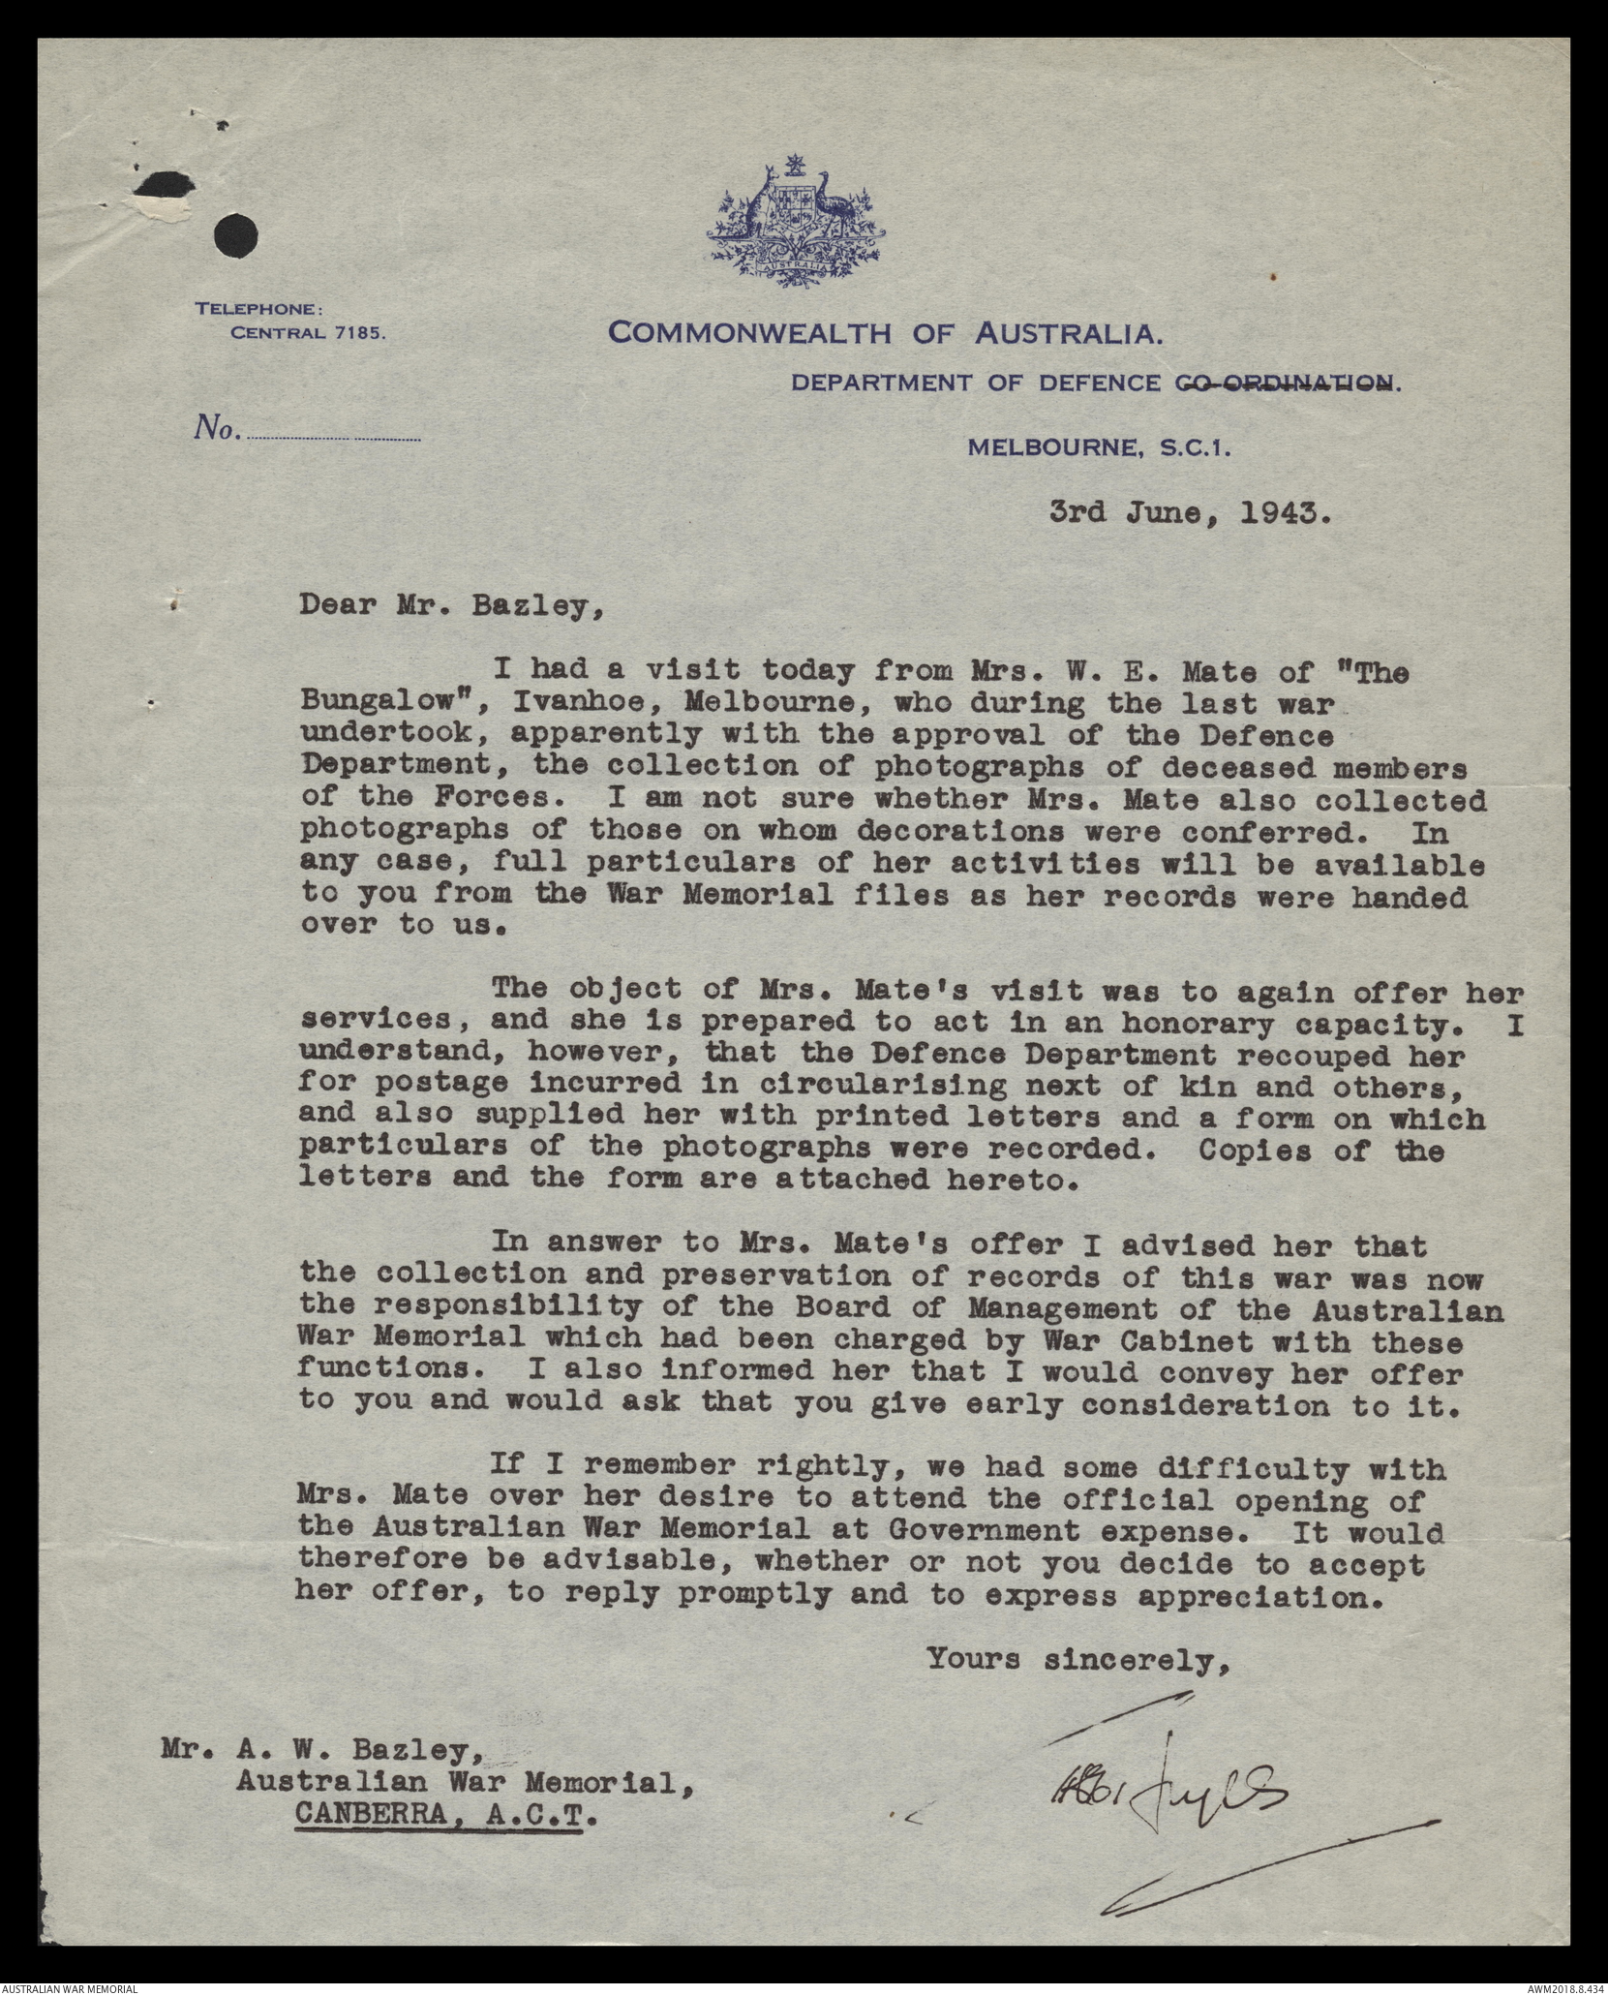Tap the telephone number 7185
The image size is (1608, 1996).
[359, 333]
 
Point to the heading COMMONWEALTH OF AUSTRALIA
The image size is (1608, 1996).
[885, 334]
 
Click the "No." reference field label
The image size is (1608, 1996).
[217, 428]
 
